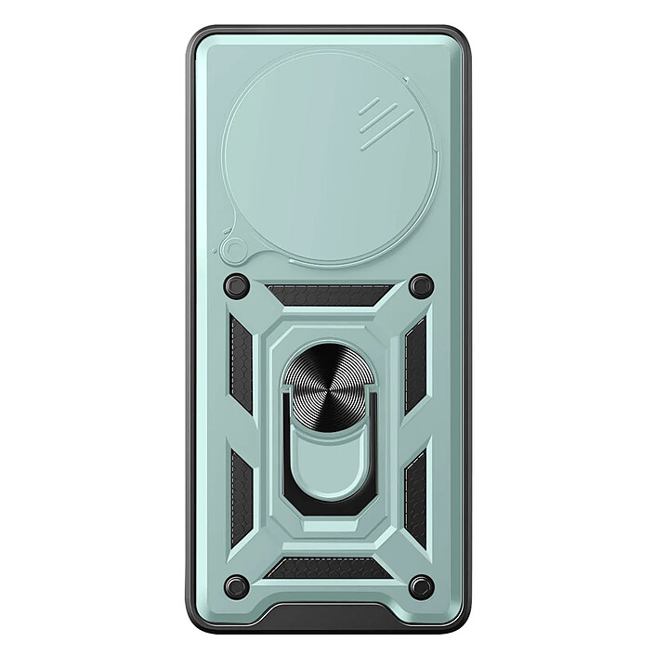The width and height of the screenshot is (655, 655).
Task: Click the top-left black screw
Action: click(237, 285)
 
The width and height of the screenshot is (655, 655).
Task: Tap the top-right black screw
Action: click(420, 285)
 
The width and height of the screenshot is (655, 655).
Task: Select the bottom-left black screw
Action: click(237, 585)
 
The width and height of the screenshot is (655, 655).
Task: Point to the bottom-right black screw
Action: click(420, 585)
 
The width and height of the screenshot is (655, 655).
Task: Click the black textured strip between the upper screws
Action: click(328, 295)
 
